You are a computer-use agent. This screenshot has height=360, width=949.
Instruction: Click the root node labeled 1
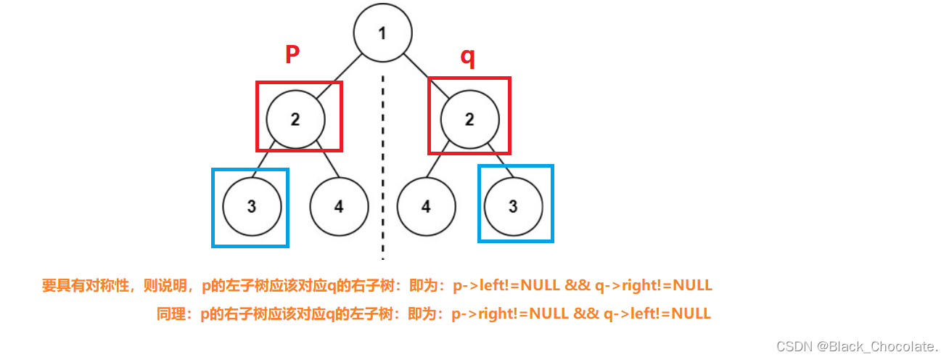(383, 33)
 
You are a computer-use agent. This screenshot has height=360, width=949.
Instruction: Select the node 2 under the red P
(295, 119)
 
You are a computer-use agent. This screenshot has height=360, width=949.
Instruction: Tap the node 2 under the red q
(469, 119)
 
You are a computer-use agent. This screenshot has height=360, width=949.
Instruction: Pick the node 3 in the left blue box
(251, 206)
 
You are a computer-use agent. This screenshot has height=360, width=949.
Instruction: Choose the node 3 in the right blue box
(513, 206)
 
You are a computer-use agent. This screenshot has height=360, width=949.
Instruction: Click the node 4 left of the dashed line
(339, 206)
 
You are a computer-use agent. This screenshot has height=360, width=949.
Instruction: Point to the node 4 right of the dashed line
(426, 206)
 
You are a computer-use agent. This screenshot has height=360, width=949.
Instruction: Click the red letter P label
(292, 54)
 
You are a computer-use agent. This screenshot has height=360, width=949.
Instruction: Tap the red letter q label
(469, 57)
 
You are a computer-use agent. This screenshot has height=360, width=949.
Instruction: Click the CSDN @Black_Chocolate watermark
(857, 346)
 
